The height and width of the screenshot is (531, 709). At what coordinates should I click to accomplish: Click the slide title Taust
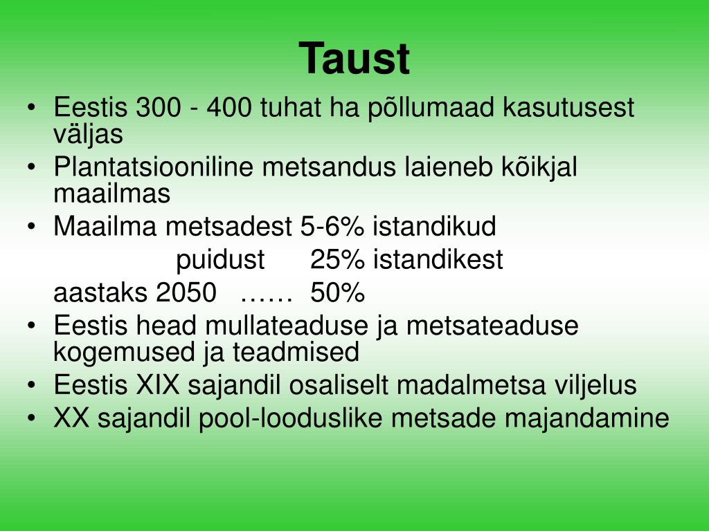pos(354,59)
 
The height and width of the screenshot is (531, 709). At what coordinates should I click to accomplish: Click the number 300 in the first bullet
pos(158,108)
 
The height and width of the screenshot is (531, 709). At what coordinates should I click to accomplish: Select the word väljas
pos(88,134)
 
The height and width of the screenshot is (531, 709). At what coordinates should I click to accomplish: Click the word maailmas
pos(111,194)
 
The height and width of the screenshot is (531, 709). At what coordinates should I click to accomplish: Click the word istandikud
pos(434,227)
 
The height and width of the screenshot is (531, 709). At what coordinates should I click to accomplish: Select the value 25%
pos(337,261)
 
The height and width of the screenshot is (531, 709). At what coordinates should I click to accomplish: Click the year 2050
pos(186,293)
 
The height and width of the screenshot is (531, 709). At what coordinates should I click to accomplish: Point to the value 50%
pos(337,293)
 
